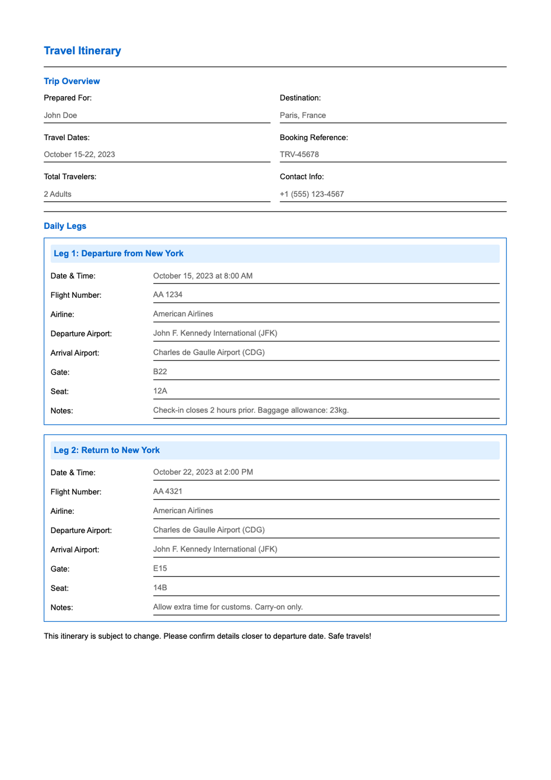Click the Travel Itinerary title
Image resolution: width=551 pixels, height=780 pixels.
(82, 51)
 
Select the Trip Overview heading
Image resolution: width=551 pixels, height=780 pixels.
(72, 81)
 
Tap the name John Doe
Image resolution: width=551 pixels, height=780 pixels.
(60, 115)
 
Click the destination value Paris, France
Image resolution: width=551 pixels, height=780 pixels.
(303, 115)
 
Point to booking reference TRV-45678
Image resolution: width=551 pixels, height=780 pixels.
(299, 154)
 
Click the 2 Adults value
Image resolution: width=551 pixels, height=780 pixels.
(57, 194)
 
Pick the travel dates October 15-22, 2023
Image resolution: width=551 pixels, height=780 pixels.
(79, 154)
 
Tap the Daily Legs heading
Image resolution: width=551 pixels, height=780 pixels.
(65, 226)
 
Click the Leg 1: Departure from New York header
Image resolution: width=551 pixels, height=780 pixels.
(118, 253)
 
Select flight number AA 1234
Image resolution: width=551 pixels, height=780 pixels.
(168, 295)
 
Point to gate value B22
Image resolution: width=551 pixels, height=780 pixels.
(160, 371)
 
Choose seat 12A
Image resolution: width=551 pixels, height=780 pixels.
(160, 391)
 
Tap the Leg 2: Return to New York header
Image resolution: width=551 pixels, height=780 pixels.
(107, 450)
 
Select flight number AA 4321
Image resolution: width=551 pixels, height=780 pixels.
(168, 491)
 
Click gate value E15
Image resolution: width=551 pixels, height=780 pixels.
(160, 568)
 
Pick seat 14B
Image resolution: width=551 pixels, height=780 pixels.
(160, 587)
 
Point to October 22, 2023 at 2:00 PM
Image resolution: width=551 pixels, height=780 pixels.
(203, 472)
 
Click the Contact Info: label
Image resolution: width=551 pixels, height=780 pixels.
(302, 176)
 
